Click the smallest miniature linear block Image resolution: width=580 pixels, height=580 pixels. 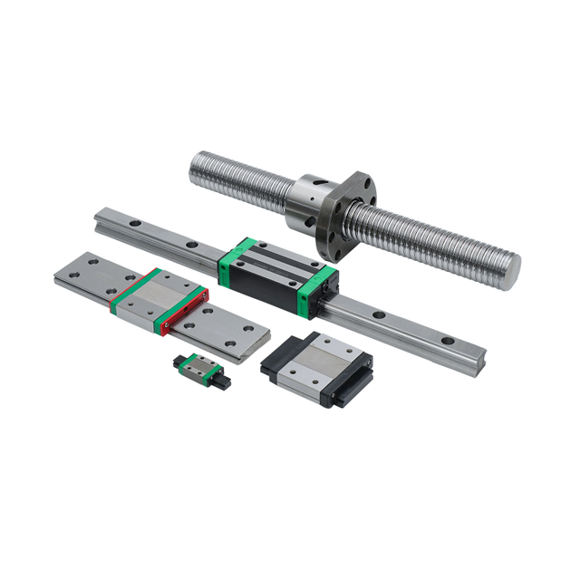pyautogui.click(x=198, y=366)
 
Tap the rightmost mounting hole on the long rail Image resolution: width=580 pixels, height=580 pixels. pyautogui.click(x=446, y=342)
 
